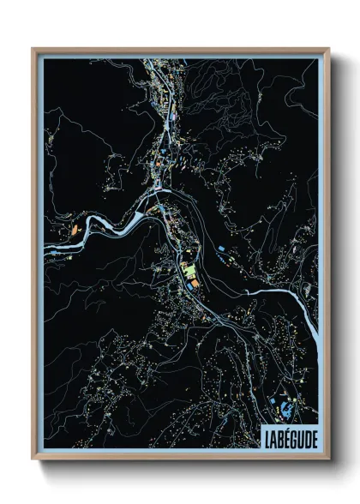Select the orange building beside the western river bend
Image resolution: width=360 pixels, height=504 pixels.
point(75,230)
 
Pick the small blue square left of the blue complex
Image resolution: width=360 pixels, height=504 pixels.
point(273,403)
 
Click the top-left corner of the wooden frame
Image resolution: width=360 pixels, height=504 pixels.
point(33,49)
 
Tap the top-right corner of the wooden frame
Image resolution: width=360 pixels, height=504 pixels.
point(328,49)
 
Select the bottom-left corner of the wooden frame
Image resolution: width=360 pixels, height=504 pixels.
point(33,459)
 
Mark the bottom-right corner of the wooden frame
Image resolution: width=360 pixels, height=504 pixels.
point(328,459)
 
